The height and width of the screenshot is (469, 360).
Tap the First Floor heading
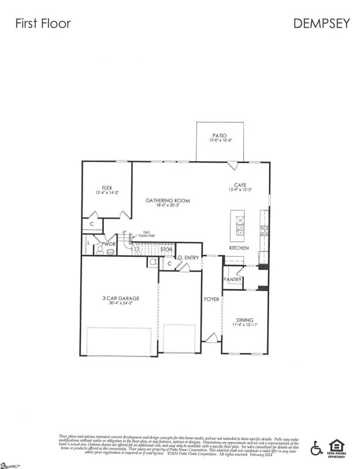pos(43,23)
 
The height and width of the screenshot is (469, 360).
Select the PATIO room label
pos(220,135)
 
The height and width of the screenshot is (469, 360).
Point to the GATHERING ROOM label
pos(168,200)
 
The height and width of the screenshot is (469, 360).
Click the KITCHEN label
pos(239,249)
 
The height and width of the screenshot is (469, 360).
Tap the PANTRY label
pos(233,280)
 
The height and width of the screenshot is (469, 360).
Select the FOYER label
pos(212,300)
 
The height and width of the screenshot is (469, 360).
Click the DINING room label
pos(245,320)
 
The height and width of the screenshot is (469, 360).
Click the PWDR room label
pos(108,243)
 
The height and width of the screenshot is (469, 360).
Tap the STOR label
pos(166,249)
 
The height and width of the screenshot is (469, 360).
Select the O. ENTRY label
pos(189,258)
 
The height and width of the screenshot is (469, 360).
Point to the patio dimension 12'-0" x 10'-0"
pos(220,141)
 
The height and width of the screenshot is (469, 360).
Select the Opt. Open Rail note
pos(147,234)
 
